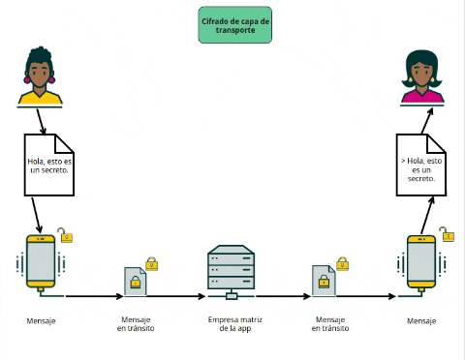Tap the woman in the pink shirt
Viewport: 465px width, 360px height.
point(422,77)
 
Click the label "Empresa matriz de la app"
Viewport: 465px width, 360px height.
point(232,324)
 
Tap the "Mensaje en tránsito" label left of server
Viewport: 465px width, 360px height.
point(136,324)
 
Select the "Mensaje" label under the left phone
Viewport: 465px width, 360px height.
point(41,319)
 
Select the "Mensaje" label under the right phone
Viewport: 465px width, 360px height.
point(421,320)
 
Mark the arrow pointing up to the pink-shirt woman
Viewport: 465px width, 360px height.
point(423,118)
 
